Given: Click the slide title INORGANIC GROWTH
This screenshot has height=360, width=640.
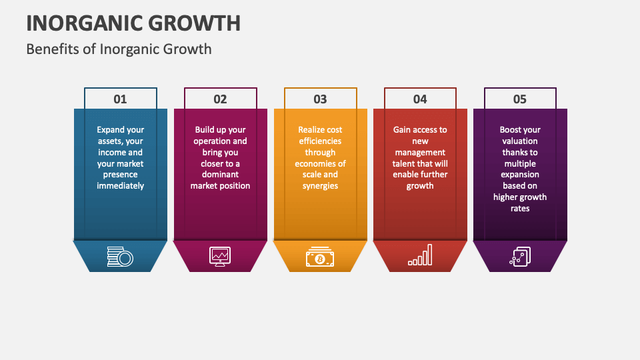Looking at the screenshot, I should tap(133, 23).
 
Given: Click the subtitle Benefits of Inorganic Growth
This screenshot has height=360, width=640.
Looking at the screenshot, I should tap(119, 49).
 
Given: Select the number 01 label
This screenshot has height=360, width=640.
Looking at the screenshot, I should tap(120, 99).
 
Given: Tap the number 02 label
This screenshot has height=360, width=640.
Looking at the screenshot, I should tap(220, 99).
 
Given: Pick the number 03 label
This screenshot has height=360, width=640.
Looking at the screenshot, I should tap(320, 99).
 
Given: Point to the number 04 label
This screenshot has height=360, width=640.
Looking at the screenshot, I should tap(420, 99).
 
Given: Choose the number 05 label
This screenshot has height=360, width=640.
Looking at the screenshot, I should tap(520, 99).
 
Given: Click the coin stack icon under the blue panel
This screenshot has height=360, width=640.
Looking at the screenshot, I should tap(120, 257).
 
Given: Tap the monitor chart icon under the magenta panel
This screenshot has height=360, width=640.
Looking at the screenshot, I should tap(220, 256).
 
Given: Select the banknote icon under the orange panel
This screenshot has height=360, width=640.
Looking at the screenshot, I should tap(320, 257).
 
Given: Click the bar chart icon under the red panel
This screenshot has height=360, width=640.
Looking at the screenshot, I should tap(420, 255).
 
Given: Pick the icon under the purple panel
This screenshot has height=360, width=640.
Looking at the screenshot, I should tap(520, 257).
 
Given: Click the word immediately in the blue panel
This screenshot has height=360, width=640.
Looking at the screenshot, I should tap(120, 186).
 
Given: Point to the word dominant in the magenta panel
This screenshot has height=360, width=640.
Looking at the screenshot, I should tap(220, 175).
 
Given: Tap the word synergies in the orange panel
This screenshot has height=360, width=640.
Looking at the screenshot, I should tap(320, 186).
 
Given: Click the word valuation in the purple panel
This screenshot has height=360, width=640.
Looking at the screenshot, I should tap(520, 141).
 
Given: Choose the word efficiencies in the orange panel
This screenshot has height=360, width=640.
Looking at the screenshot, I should tap(320, 141).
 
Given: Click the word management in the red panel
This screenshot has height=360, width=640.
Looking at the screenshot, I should tap(420, 153).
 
